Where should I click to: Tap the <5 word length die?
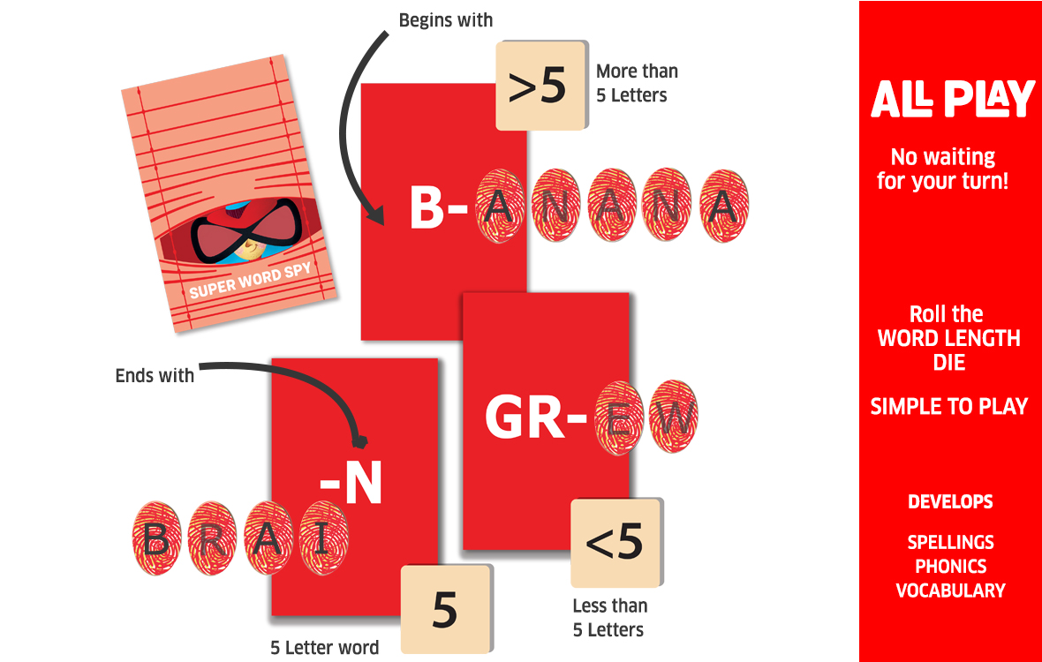click(616, 543)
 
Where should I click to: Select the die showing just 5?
click(446, 609)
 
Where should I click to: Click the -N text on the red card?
click(351, 484)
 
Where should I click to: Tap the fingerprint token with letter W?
click(673, 417)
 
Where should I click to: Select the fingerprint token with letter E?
click(619, 417)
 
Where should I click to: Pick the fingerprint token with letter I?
click(323, 538)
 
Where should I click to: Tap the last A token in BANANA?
click(724, 206)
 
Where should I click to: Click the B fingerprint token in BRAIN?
click(157, 538)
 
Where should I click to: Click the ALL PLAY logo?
click(952, 98)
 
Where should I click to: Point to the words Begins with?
click(446, 20)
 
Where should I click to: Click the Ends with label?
click(155, 376)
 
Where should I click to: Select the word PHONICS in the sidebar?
click(951, 567)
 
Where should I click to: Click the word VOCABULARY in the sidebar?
click(951, 591)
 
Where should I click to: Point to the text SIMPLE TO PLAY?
click(949, 406)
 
